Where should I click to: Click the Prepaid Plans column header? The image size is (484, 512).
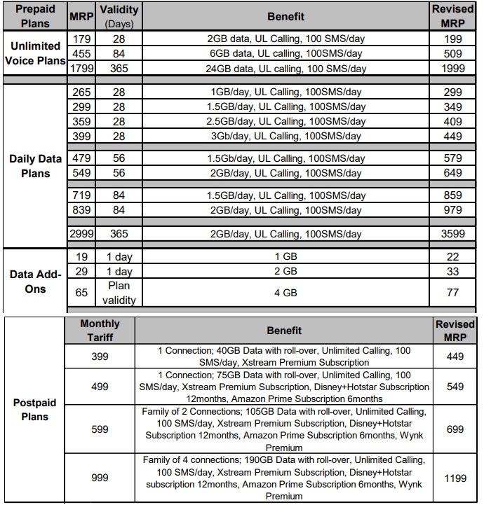(x=34, y=15)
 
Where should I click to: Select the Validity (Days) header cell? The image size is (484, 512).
(x=119, y=15)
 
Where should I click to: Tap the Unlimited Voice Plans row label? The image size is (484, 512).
(x=34, y=53)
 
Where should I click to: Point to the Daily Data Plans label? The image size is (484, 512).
(x=34, y=166)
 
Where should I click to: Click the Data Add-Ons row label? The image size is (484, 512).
(x=34, y=281)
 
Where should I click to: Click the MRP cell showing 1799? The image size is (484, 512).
(x=81, y=68)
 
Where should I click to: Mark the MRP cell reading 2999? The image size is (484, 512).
(x=81, y=235)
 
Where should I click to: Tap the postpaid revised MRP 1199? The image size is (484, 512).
(x=455, y=478)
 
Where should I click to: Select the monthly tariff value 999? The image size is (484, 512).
(x=100, y=478)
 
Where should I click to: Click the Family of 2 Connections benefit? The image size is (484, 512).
(x=284, y=429)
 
